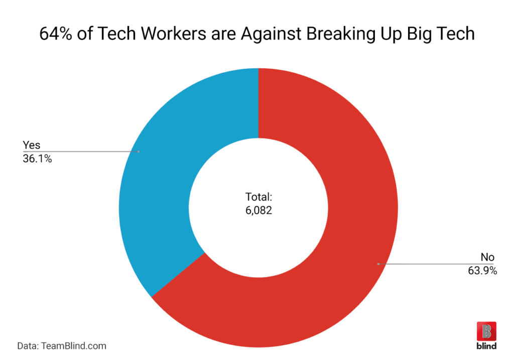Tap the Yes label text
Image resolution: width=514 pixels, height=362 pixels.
click(x=31, y=145)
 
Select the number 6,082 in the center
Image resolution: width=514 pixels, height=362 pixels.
click(x=258, y=211)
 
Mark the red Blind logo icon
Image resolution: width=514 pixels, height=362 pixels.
click(x=486, y=331)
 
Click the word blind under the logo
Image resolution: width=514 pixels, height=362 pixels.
click(x=486, y=346)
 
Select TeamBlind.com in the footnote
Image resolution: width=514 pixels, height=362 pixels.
click(x=74, y=346)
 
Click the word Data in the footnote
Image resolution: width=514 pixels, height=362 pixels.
click(x=28, y=346)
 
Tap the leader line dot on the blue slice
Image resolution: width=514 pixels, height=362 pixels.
click(x=139, y=151)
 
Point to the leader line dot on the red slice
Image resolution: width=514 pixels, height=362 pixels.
click(x=377, y=263)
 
